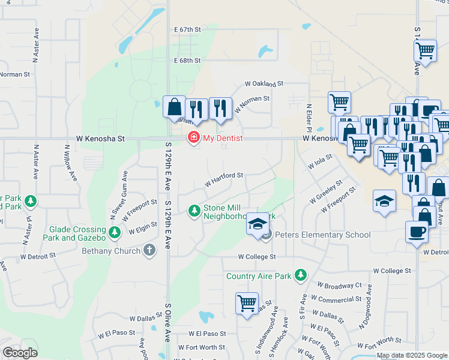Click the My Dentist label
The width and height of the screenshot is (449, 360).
223,138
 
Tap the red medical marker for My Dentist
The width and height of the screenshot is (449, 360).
194,138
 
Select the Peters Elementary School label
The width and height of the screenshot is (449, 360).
322,235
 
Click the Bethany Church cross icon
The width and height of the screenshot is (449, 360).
149,250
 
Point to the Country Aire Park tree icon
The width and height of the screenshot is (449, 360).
301,276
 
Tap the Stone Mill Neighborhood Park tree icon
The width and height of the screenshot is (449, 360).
194,211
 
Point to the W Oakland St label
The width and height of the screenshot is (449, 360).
264,84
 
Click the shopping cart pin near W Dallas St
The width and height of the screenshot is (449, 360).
247,304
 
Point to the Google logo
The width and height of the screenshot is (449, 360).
20,353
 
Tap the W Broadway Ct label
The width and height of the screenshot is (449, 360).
340,286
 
